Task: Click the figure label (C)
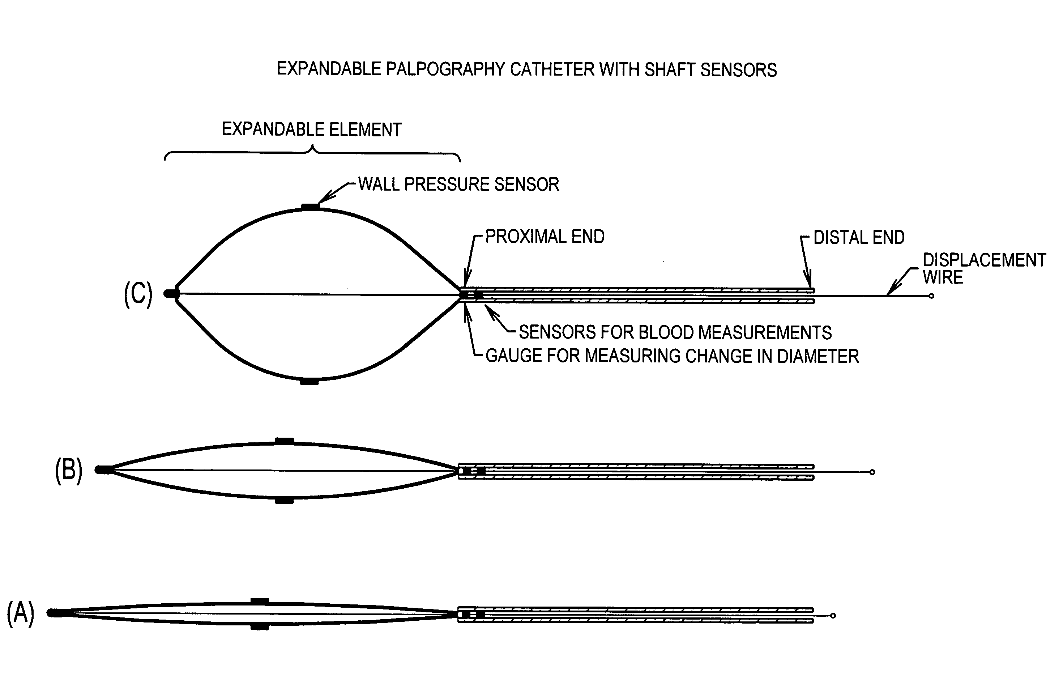[138, 294]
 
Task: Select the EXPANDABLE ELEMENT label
[311, 129]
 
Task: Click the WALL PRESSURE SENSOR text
[458, 184]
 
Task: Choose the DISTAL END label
[859, 238]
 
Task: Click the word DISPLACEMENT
[984, 260]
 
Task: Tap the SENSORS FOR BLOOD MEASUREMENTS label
[675, 332]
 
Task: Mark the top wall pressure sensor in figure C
[310, 206]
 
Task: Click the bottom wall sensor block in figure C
[309, 382]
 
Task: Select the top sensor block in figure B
[284, 441]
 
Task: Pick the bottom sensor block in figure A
[260, 627]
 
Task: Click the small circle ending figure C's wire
[931, 296]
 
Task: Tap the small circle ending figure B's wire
[872, 472]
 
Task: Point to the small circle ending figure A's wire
[833, 616]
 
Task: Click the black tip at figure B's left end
[103, 470]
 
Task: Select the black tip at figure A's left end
[55, 613]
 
